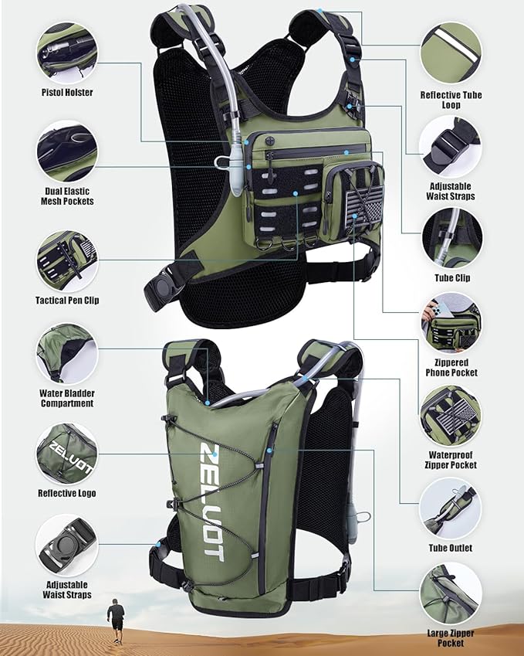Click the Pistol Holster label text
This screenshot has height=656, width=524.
66,93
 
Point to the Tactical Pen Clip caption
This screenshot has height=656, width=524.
66,300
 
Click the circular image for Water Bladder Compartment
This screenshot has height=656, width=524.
66,353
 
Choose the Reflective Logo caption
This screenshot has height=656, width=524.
67,492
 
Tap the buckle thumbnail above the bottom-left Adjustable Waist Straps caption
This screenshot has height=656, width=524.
66,546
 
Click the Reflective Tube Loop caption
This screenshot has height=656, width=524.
451,100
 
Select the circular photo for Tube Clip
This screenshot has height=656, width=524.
451,237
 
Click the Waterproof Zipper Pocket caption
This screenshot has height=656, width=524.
451,460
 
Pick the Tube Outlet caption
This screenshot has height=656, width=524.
451,549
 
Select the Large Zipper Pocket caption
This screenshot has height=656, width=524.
451,638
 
